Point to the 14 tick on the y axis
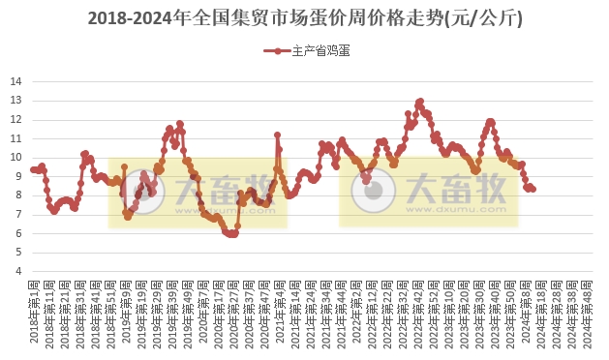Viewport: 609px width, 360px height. pos(16,82)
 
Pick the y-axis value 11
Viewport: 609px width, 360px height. pos(16,139)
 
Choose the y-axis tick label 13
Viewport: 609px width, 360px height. pos(16,102)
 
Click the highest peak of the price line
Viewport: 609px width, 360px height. pos(419,101)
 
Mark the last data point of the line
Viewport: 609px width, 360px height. pos(533,189)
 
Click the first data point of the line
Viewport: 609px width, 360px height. pos(33,169)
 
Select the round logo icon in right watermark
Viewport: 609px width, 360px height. pos(368,190)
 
